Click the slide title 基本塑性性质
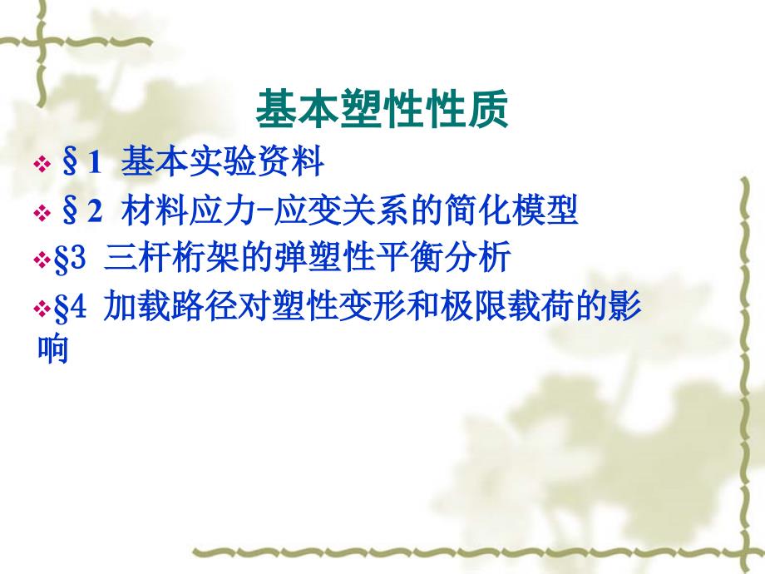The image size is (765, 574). [x=382, y=108]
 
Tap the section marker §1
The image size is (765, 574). [x=82, y=161]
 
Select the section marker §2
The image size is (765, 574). [x=82, y=210]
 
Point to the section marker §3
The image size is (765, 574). [x=69, y=258]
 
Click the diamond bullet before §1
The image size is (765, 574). [x=42, y=164]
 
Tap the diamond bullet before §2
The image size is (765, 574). [x=42, y=212]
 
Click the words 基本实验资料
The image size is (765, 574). [x=223, y=161]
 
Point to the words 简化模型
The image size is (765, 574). [x=511, y=210]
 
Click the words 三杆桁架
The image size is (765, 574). [x=171, y=257]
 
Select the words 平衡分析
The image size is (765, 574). [x=443, y=257]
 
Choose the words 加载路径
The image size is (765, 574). [x=171, y=306]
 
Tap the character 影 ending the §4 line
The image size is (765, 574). [x=624, y=306]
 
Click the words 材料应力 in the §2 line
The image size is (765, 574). [x=189, y=210]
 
